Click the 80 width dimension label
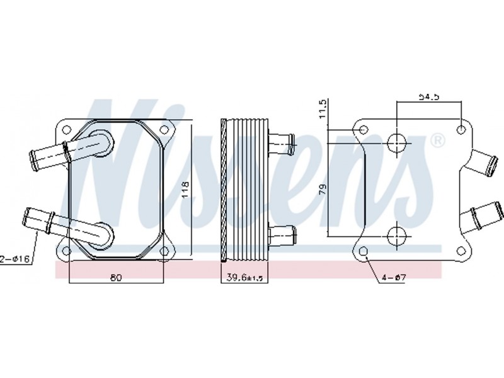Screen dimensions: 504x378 click(116, 277)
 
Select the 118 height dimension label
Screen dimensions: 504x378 click(185, 190)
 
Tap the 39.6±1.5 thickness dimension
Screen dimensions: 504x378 click(245, 277)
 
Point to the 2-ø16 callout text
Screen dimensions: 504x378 click(15, 258)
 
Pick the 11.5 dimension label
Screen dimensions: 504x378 click(323, 108)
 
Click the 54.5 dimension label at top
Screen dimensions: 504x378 click(428, 96)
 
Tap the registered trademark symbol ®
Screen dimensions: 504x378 click(437, 140)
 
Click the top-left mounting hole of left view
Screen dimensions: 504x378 click(67, 130)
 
